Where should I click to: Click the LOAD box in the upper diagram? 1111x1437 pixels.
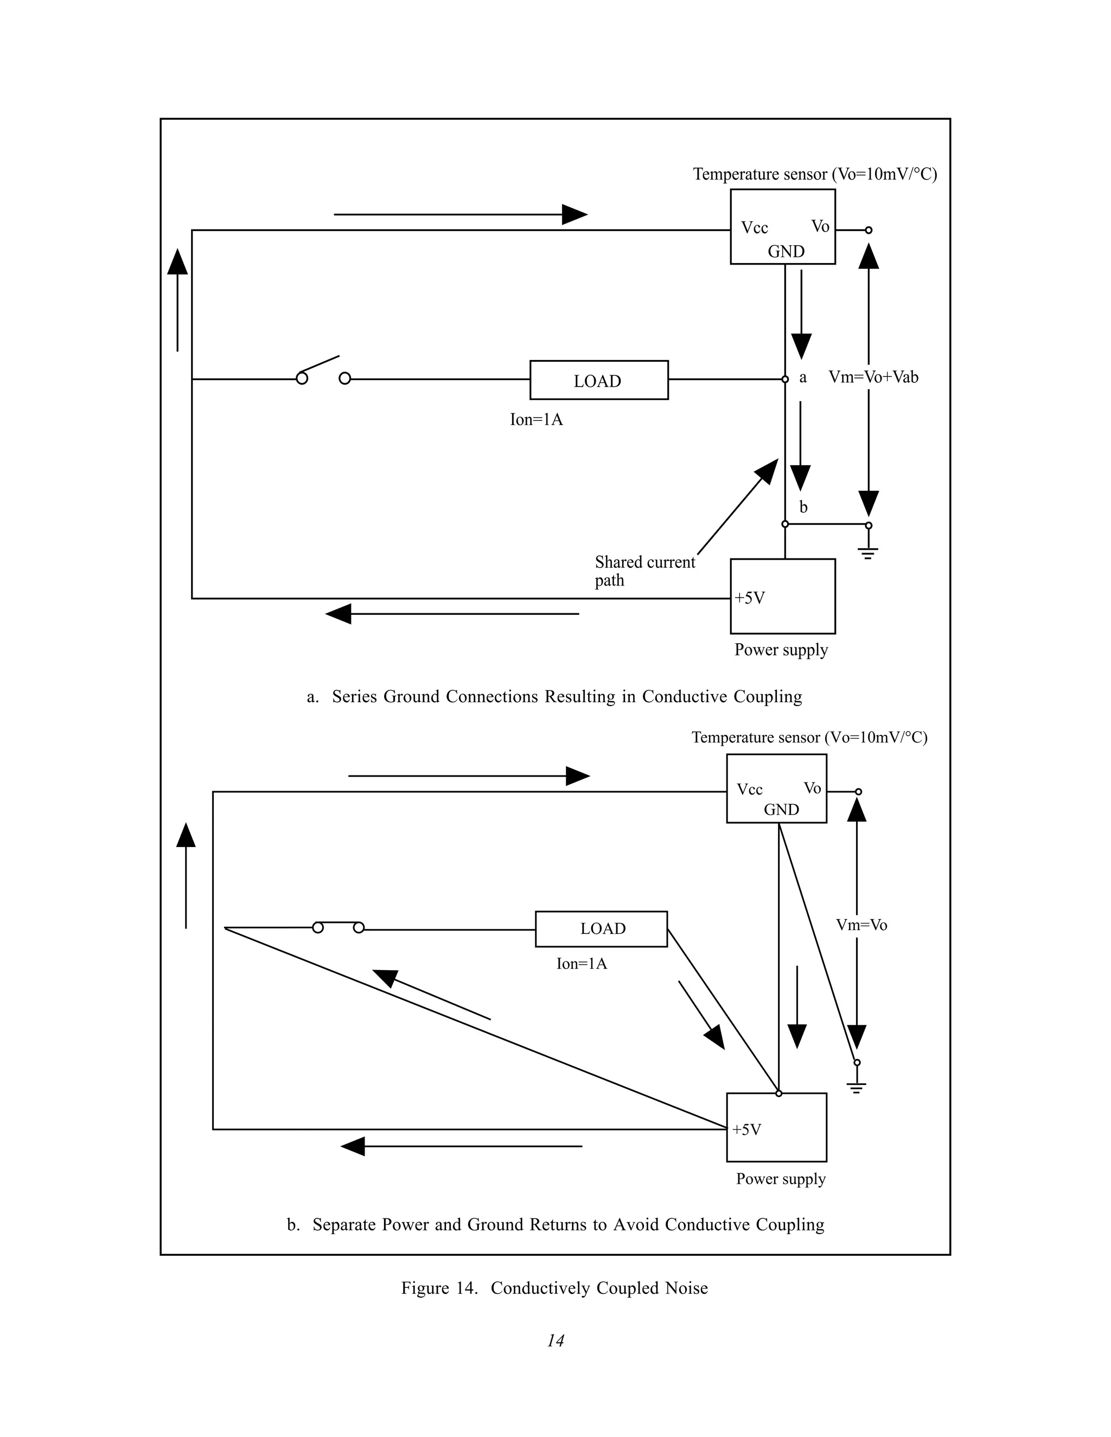tap(599, 380)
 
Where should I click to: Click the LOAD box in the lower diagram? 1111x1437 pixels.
tap(601, 928)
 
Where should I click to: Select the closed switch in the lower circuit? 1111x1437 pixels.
tap(339, 926)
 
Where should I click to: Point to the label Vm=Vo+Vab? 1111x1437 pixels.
tap(873, 377)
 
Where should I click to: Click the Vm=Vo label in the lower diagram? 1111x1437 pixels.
tap(861, 925)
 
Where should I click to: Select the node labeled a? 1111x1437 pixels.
tap(785, 380)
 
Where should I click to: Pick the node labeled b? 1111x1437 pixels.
tap(785, 524)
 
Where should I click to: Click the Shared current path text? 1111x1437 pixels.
tap(644, 570)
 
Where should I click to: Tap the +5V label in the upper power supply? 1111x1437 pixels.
tap(750, 598)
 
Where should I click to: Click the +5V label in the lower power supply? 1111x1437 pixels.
tap(746, 1130)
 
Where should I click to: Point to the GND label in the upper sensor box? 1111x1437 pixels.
tap(786, 252)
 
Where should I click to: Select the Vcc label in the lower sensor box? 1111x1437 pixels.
tap(749, 789)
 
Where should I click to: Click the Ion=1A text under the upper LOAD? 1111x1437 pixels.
tap(537, 420)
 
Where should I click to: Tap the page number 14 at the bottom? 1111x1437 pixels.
tap(555, 1340)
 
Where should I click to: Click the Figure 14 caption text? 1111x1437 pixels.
tap(554, 1288)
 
